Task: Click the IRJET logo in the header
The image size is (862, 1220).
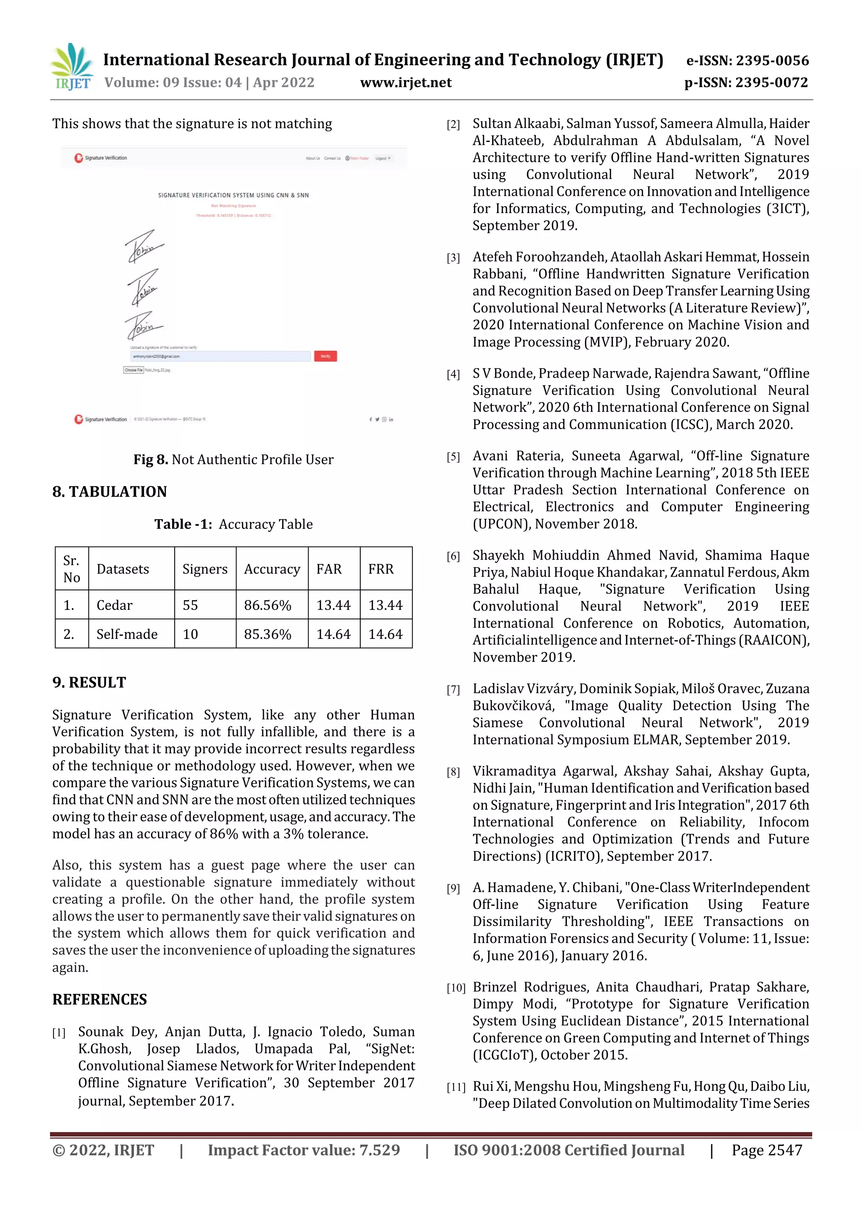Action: [72, 67]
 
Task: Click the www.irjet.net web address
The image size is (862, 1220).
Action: [405, 83]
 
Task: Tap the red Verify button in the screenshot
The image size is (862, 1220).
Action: [325, 356]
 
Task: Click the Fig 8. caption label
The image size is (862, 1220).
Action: [150, 459]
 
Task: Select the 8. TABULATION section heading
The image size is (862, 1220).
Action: [109, 491]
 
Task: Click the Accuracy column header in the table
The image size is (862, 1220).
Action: [271, 569]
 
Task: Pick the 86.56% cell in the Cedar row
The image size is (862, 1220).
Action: [267, 605]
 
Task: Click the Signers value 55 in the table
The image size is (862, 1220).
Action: [190, 605]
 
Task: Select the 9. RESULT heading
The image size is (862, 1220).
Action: [89, 682]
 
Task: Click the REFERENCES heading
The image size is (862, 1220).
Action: [99, 999]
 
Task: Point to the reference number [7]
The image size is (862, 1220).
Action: [453, 690]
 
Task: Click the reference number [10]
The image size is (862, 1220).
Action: [455, 988]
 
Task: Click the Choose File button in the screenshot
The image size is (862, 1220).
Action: [133, 370]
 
